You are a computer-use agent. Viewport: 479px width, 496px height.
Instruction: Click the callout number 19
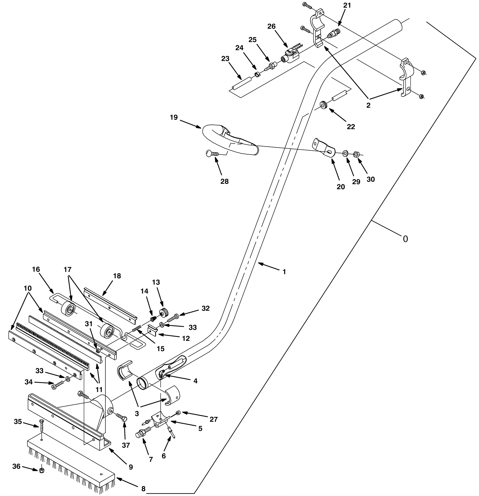tap(174, 117)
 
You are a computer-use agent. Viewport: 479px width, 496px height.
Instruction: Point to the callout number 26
tap(271, 26)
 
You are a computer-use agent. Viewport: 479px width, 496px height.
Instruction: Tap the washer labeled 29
tap(345, 153)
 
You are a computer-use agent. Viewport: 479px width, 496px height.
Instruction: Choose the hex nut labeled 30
tap(356, 154)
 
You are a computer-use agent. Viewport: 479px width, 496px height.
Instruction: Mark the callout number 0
tap(405, 239)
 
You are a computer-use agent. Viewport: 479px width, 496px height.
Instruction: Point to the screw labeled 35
tap(41, 426)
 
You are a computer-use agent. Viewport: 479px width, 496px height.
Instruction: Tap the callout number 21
tap(347, 5)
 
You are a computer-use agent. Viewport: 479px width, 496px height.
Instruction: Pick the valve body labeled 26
tap(290, 55)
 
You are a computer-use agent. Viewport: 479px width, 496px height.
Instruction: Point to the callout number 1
tap(284, 272)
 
